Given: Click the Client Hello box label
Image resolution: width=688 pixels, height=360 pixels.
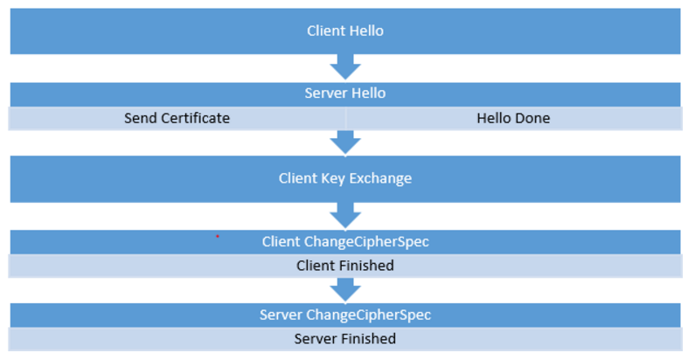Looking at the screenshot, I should click(344, 31).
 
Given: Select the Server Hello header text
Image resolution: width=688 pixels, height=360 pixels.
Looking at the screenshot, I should click(344, 93).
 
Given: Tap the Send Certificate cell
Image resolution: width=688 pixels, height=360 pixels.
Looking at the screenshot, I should click(177, 118).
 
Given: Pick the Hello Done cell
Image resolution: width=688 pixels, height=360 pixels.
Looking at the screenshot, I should click(513, 118).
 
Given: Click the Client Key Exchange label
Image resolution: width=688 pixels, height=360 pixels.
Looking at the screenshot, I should click(344, 178).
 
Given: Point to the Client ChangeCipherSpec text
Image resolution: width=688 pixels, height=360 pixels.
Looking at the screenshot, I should click(344, 241).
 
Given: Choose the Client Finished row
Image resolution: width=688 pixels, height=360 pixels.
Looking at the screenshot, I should click(344, 265).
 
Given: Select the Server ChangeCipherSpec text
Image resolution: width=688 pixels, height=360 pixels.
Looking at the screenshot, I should click(344, 315).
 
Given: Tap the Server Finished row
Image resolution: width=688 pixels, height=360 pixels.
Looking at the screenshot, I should click(344, 338).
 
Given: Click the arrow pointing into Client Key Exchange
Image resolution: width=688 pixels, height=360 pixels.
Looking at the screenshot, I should click(344, 142).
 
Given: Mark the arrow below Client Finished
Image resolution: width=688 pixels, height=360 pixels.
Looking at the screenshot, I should click(344, 289).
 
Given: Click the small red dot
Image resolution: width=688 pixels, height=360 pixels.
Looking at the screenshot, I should click(217, 236).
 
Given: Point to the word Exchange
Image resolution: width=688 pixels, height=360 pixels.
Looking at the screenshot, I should click(381, 178).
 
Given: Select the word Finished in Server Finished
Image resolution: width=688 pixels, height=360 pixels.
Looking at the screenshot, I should click(366, 338).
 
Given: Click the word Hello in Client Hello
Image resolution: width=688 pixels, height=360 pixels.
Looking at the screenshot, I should click(366, 31).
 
